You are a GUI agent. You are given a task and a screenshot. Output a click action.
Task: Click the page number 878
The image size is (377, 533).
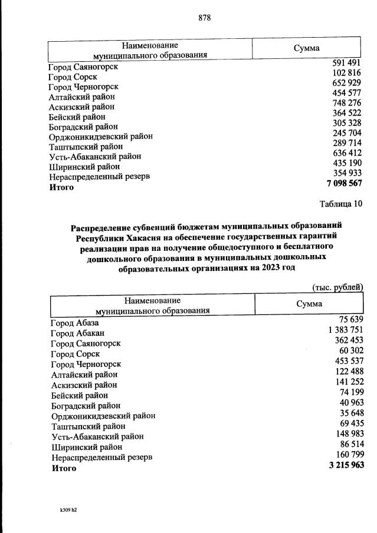(204, 18)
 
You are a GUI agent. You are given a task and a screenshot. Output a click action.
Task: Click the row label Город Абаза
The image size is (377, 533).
(75, 323)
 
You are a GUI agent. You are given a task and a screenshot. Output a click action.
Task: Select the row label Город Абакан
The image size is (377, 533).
(78, 333)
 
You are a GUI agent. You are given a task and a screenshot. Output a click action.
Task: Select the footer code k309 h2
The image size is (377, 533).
(64, 510)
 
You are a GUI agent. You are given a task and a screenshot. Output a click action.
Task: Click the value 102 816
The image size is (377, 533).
(346, 73)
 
